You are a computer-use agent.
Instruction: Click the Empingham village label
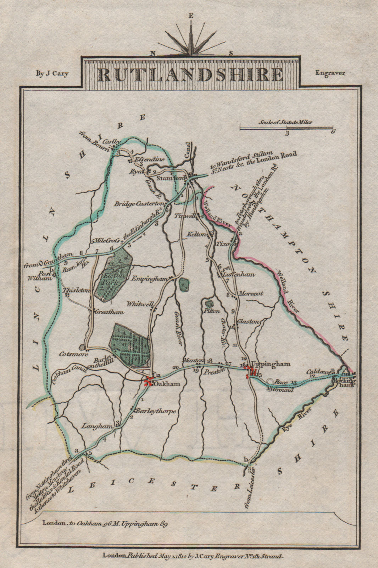[149, 279]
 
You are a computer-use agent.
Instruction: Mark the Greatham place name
[110, 312]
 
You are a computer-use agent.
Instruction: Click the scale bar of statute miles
[286, 127]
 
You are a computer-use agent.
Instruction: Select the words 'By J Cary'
[52, 73]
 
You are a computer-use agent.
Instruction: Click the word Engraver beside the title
[330, 73]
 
